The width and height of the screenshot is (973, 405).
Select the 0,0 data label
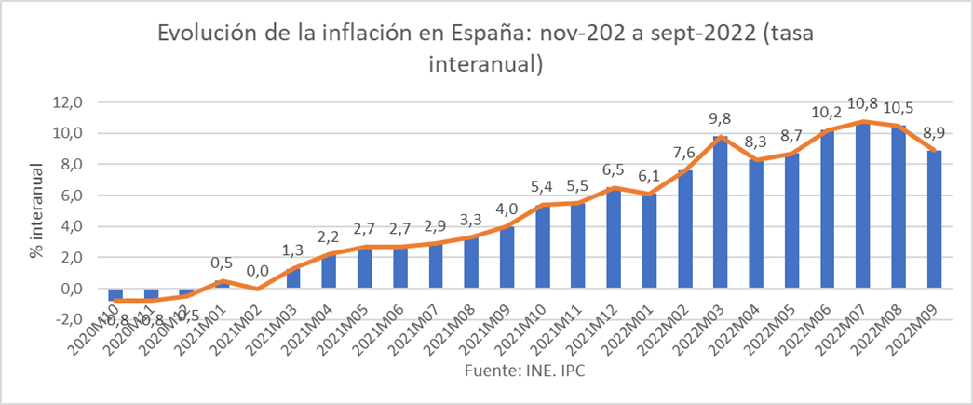[256, 273]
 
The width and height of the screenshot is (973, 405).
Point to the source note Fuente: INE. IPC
[527, 371]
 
